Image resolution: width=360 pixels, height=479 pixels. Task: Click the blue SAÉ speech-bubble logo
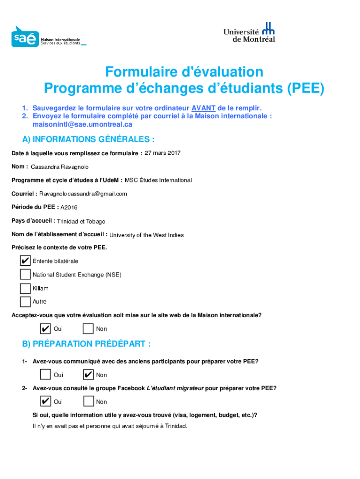click(25, 37)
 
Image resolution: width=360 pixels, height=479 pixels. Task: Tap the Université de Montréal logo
click(249, 32)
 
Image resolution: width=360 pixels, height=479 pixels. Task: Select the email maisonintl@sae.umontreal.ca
click(82, 124)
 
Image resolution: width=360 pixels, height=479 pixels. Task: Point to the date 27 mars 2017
click(162, 153)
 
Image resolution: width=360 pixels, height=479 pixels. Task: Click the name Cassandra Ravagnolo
click(60, 167)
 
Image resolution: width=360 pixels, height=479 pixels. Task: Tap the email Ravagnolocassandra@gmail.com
click(83, 194)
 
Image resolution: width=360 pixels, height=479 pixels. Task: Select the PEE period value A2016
click(69, 207)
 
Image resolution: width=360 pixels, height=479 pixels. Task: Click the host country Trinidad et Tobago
click(81, 221)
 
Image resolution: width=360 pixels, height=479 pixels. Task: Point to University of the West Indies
click(146, 235)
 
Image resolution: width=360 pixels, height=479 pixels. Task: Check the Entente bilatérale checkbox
click(25, 261)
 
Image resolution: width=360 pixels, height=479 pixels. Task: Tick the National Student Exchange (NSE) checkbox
click(25, 275)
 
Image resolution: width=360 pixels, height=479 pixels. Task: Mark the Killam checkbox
click(25, 288)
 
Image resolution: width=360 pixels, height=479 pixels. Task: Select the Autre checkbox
click(25, 302)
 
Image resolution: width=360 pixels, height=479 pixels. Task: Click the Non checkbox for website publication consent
click(88, 329)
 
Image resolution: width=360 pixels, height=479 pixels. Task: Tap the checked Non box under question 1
click(88, 375)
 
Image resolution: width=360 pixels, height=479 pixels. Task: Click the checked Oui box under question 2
click(46, 401)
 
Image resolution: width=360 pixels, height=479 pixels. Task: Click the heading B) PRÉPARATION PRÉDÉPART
click(86, 344)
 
